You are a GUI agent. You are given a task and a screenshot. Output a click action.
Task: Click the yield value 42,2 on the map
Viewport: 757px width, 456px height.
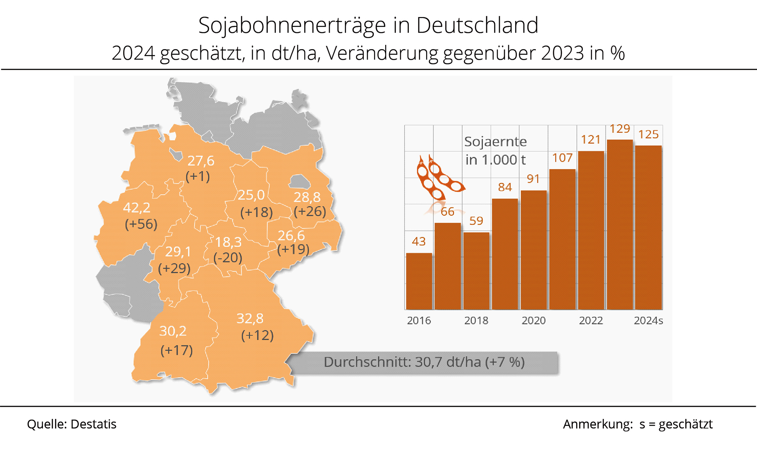click(x=137, y=208)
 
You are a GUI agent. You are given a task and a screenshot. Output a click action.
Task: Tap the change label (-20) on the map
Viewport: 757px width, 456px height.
click(x=228, y=257)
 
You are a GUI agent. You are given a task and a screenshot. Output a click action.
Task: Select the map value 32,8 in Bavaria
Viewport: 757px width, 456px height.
click(x=250, y=318)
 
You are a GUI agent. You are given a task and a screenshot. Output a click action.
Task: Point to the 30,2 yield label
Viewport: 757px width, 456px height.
click(x=173, y=331)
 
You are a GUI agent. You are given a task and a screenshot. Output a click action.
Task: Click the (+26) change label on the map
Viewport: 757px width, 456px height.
click(x=310, y=211)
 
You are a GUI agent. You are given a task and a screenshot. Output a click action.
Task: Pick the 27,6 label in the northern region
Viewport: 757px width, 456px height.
click(x=201, y=161)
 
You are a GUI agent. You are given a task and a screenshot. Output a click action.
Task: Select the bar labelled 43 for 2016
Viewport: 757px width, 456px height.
click(x=419, y=281)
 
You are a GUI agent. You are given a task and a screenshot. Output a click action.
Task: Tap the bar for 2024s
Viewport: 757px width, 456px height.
click(x=648, y=227)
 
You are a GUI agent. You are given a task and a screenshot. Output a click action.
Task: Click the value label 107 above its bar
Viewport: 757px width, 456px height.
click(x=562, y=158)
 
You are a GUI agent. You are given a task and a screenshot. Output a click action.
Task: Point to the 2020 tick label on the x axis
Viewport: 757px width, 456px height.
click(x=533, y=320)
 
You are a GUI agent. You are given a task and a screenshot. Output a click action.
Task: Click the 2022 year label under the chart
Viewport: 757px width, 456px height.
click(x=591, y=320)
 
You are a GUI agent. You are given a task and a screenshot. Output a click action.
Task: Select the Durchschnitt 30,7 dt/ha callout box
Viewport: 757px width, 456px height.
click(x=424, y=362)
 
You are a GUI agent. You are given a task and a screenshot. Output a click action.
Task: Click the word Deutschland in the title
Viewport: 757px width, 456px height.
click(x=477, y=26)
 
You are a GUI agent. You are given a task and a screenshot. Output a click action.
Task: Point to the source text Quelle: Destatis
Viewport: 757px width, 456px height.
click(x=72, y=424)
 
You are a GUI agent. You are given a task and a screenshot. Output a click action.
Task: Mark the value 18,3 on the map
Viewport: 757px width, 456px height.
click(x=228, y=242)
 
